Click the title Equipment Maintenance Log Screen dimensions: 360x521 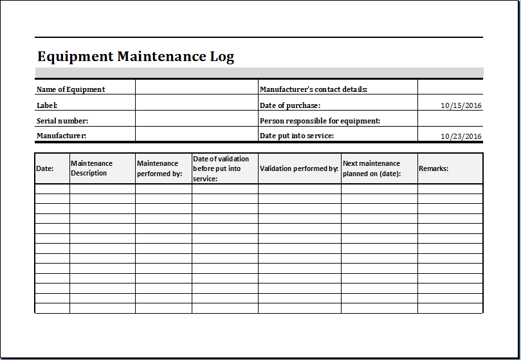tap(136, 57)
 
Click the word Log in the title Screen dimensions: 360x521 tap(222, 57)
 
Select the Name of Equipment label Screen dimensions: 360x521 tap(71, 89)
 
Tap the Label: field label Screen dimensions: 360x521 tap(47, 105)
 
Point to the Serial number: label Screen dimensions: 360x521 tap(62, 120)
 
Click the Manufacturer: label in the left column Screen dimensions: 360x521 tap(61, 136)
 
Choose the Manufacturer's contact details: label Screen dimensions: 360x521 tap(313, 89)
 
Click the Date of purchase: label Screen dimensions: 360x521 tap(289, 105)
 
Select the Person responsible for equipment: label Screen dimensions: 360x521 tap(320, 120)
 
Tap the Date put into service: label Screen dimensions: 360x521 tap(297, 136)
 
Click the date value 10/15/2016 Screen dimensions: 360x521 tap(461, 105)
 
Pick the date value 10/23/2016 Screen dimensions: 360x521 tap(461, 136)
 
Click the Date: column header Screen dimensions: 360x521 tap(45, 168)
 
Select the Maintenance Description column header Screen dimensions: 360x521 tap(91, 168)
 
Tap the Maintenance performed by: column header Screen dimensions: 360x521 tap(160, 168)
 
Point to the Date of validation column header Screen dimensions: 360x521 tap(221, 168)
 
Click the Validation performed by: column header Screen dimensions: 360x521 tap(299, 168)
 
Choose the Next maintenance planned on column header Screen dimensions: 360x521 tap(372, 168)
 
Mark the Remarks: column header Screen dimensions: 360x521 tap(434, 168)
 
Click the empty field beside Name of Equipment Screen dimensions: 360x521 tap(196, 89)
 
